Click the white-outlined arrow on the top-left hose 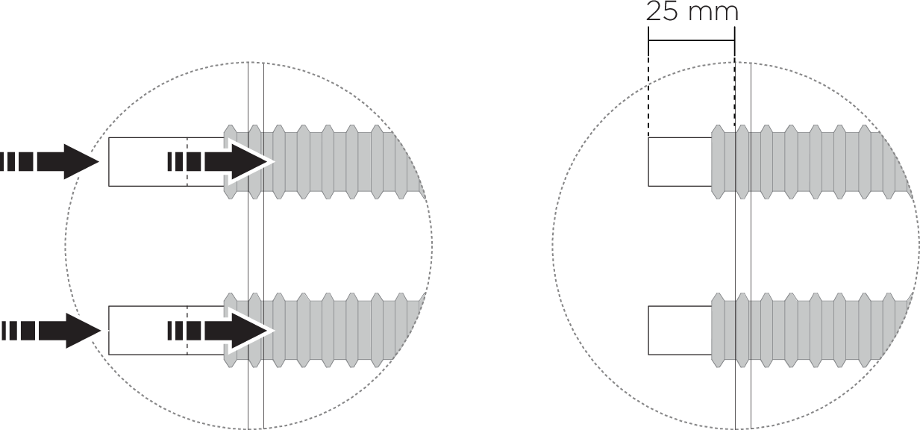tap(239, 161)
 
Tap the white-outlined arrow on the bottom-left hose tap(239, 329)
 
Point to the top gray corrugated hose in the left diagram tap(336, 161)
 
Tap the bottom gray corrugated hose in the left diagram tap(336, 329)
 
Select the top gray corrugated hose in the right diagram tap(813, 161)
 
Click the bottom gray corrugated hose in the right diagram tap(813, 329)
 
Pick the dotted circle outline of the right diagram tap(553, 246)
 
